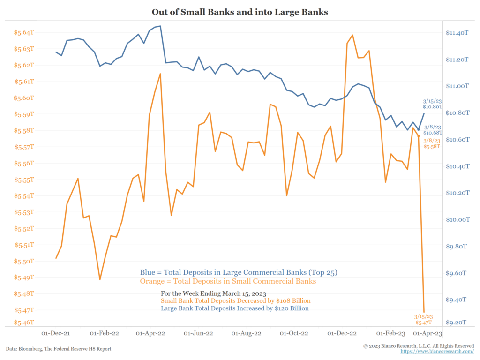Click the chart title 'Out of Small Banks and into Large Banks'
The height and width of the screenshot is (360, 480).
[x=240, y=12]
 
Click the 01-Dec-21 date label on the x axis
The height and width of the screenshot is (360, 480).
[x=56, y=333]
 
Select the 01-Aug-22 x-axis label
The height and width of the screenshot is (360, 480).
[x=247, y=333]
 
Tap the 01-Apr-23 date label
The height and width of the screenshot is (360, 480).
[x=427, y=333]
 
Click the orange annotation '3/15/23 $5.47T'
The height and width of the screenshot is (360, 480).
[x=424, y=320]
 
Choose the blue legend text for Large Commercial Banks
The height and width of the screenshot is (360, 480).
[x=239, y=272]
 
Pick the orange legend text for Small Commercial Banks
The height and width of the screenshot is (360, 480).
[x=228, y=281]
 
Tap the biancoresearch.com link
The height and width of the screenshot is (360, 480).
[x=437, y=351]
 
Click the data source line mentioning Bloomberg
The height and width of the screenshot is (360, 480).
[x=59, y=349]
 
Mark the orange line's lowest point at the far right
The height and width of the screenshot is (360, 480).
[x=424, y=312]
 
